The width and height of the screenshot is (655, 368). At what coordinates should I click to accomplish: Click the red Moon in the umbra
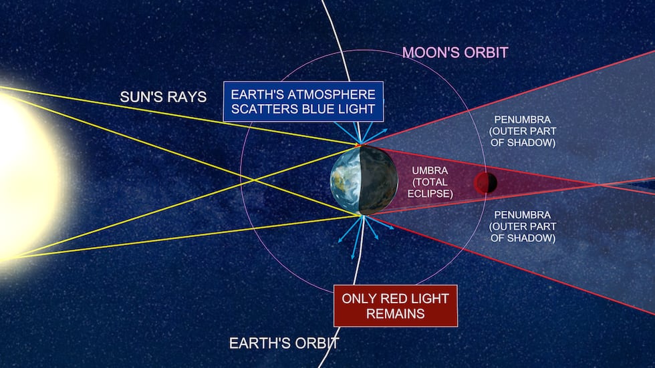coord(485,183)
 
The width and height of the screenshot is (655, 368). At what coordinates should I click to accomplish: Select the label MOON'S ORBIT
coord(455,53)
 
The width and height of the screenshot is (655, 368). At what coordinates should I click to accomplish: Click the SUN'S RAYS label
coord(163,97)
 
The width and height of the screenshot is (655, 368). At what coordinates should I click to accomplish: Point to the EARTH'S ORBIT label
coord(284,343)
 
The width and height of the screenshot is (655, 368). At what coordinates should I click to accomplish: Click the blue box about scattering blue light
coord(303,102)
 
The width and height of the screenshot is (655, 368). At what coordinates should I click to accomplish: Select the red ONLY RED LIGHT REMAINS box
coord(396,306)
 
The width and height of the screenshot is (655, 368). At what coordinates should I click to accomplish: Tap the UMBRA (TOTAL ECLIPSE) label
coord(430,182)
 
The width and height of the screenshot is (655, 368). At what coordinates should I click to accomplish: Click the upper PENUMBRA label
coord(523,131)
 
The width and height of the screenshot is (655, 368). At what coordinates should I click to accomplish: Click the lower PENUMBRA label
coord(523,226)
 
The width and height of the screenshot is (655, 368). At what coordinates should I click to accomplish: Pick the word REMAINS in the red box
coord(396,313)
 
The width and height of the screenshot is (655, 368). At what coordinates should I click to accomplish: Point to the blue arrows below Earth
coord(363,234)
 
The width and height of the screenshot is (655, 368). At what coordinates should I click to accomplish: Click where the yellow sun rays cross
coord(254,180)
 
